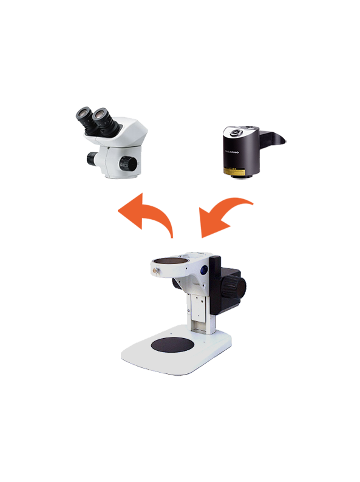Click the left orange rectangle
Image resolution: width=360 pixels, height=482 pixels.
pos(146,216)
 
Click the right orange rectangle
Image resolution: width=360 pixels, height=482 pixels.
pos(227,218)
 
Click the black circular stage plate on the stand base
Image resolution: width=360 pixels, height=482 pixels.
pos(172,345)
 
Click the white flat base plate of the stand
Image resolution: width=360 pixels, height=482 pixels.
pos(182,364)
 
